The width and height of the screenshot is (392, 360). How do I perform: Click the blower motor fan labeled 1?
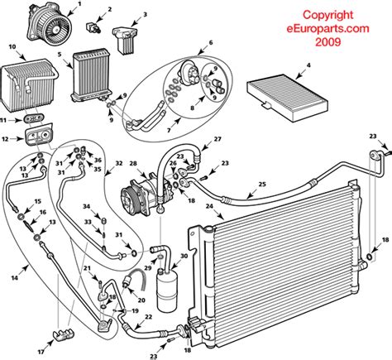(x=49, y=23)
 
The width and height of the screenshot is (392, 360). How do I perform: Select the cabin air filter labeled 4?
(x=288, y=97)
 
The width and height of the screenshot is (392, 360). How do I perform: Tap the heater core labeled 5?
(x=91, y=75)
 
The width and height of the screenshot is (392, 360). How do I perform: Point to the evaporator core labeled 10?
(x=29, y=86)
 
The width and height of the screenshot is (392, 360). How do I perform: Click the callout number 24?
(x=210, y=206)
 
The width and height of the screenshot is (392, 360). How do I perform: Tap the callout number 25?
(x=262, y=184)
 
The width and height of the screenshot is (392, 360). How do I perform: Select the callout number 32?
(x=118, y=164)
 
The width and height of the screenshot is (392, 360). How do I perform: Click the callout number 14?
(x=14, y=278)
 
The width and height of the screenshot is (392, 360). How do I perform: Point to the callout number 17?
(x=41, y=352)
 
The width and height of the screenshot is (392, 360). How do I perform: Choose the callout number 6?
(x=211, y=42)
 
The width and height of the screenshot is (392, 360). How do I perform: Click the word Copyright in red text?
(x=327, y=15)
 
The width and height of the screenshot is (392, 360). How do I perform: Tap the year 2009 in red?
(x=327, y=42)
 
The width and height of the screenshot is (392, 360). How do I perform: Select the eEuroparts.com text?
(x=327, y=28)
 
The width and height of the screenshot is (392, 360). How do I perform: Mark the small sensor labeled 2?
(x=94, y=28)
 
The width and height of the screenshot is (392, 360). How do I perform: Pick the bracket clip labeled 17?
(x=64, y=334)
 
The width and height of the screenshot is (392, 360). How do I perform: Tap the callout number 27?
(x=218, y=139)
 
